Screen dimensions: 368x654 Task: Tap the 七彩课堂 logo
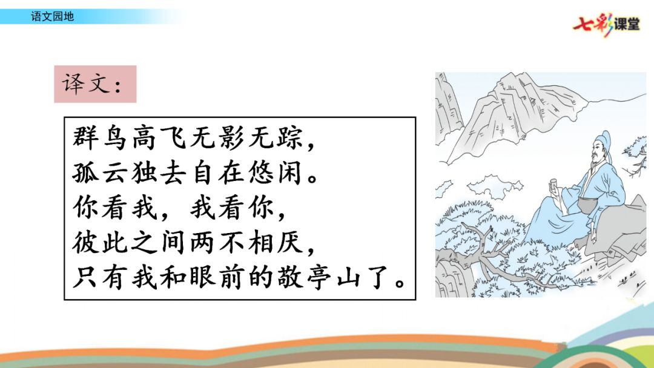click(606, 25)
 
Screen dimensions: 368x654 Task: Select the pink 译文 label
click(95, 84)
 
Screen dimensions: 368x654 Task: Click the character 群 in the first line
click(86, 139)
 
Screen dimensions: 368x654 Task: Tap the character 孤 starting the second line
click(86, 174)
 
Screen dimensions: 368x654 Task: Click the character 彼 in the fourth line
click(86, 244)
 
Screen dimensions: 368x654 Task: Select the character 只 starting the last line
click(86, 279)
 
